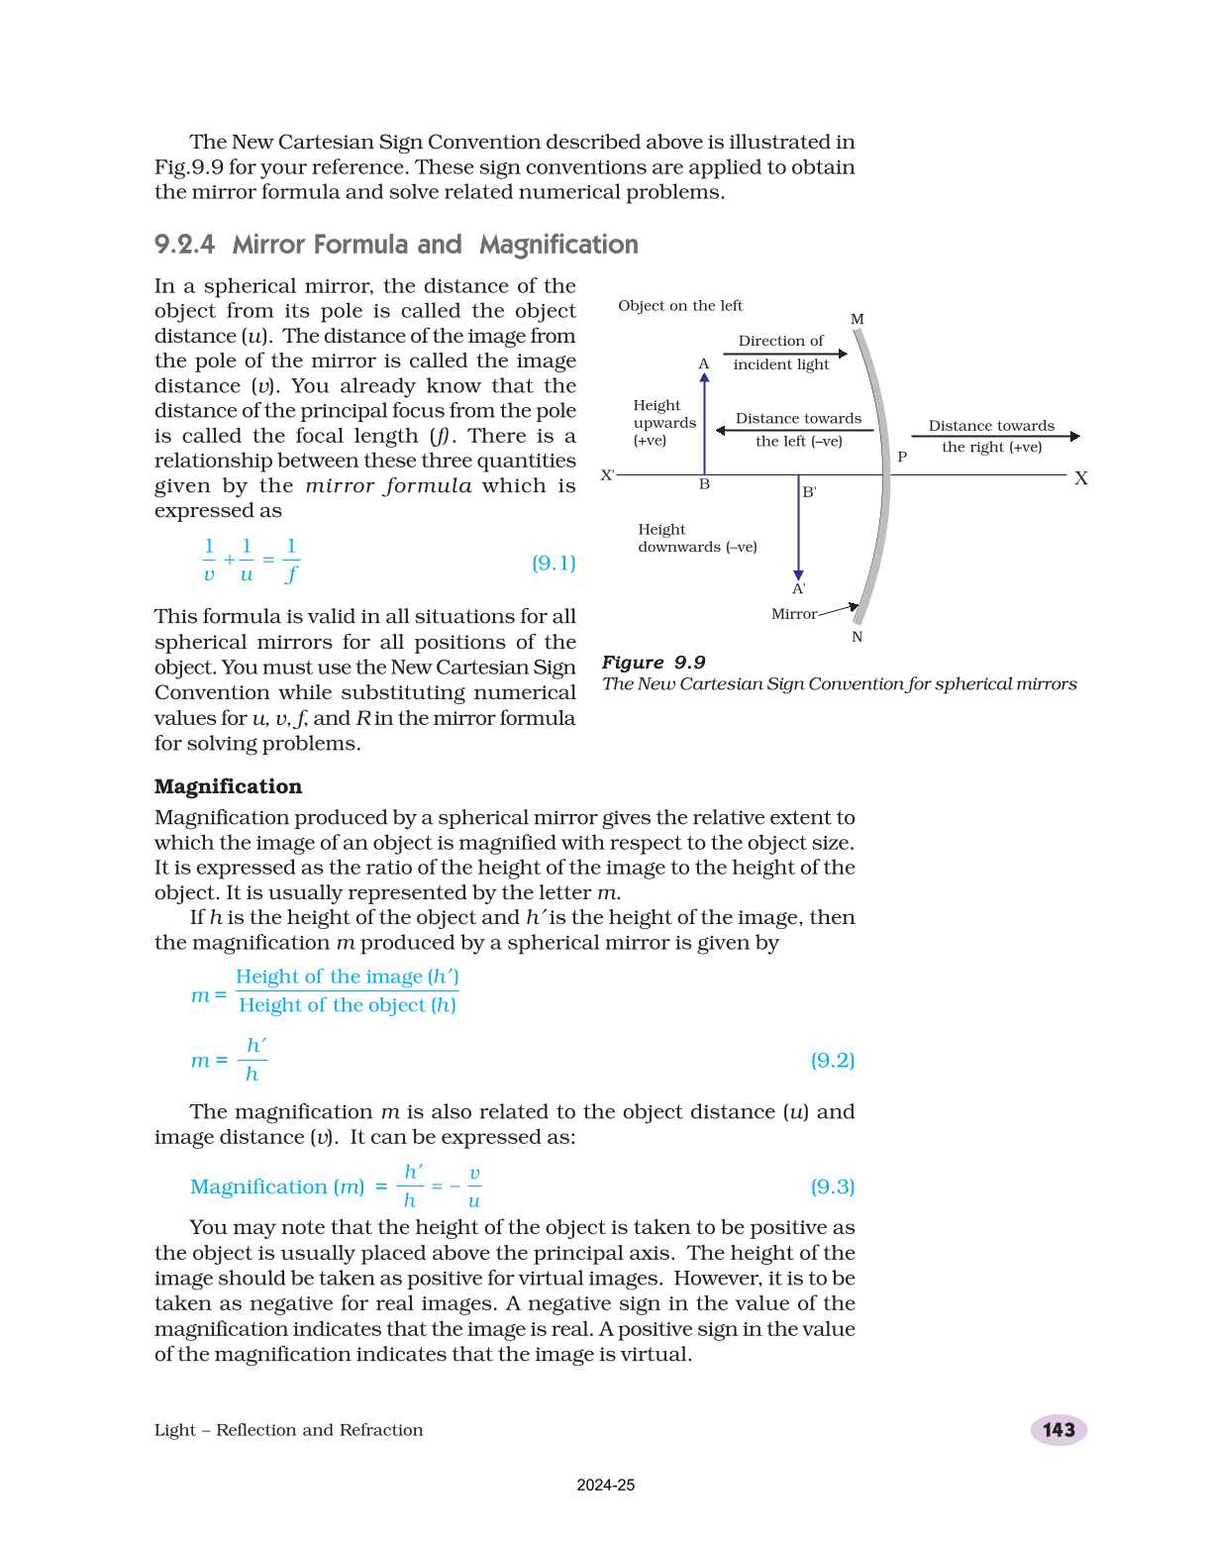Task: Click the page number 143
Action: pos(1058,1429)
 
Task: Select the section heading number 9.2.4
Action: pos(184,245)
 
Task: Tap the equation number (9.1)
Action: pos(554,563)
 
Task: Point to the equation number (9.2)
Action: pos(832,1060)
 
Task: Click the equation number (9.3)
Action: pos(832,1186)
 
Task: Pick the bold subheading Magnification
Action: pos(228,786)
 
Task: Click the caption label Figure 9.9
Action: pos(654,663)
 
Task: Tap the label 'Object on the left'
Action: pos(680,306)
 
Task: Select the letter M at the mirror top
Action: pos(858,319)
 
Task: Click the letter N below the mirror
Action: pos(858,637)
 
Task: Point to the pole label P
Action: pos(902,458)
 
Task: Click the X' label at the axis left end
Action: pos(608,475)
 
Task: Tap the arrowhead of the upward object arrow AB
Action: pos(704,377)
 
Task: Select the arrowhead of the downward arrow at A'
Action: pos(798,575)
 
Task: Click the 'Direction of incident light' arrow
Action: pos(785,354)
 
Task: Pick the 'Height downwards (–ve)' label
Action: pos(697,538)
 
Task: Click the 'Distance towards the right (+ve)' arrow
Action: pos(995,436)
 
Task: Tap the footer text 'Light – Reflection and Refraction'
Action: pos(288,1429)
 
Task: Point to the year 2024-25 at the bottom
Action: pos(606,1485)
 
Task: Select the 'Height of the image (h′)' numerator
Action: pos(347,977)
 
